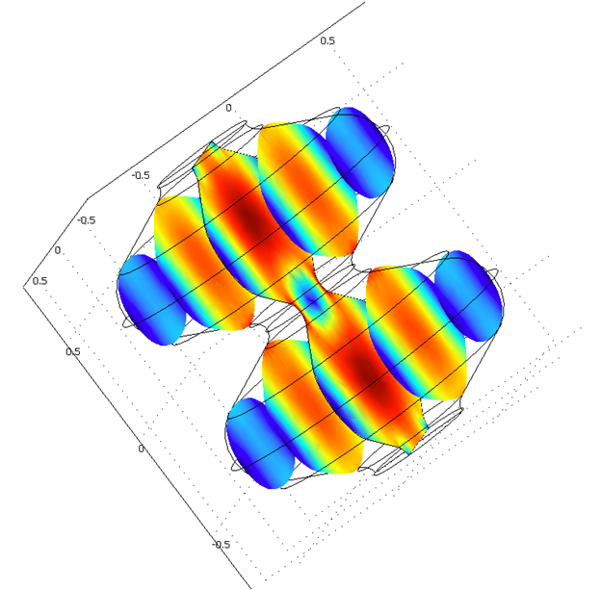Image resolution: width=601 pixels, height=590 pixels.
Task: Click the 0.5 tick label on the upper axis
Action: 327,40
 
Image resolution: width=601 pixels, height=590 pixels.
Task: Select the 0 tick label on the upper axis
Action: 228,108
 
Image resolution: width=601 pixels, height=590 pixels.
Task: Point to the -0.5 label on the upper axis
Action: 141,175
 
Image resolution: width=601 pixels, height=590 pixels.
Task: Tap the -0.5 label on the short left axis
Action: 87,220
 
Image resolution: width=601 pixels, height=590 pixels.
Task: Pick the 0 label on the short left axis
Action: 58,250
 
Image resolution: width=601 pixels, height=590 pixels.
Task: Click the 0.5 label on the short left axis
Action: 39,281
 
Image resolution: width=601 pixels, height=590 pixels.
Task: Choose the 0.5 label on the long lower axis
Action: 73,351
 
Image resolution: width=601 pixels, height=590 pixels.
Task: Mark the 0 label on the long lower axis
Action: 141,449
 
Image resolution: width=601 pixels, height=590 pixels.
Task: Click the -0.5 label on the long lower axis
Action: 222,545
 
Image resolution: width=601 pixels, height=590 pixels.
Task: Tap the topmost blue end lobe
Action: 360,152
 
